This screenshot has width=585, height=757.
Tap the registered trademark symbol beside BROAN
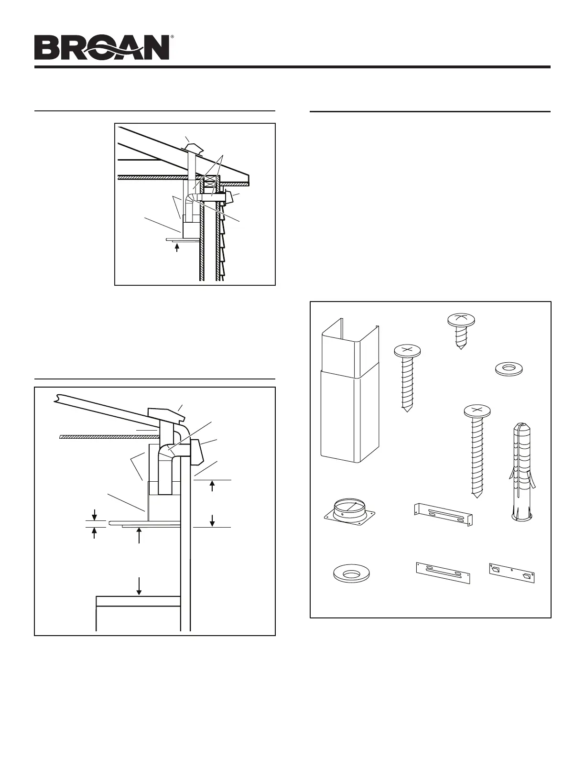coord(172,37)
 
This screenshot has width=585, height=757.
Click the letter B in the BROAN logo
coord(46,48)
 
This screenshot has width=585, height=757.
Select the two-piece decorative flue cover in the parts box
coord(350,392)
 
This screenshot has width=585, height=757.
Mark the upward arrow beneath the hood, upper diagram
coord(177,248)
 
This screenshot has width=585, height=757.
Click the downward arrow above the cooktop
coord(139,585)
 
